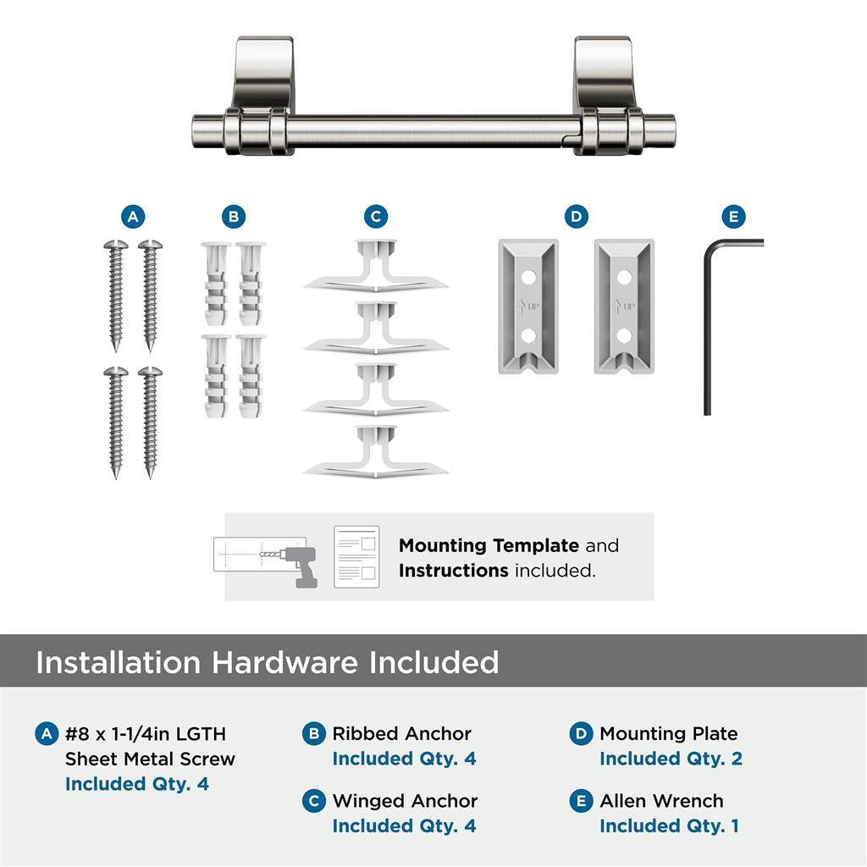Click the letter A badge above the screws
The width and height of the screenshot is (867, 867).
coord(131,217)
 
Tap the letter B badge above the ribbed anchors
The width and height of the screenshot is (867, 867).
coord(234,217)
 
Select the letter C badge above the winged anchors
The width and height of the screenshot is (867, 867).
coord(376,217)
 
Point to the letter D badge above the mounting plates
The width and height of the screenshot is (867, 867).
coord(576,217)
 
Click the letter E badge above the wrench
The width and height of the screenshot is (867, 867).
coord(733,217)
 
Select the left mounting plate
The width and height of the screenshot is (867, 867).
coord(527,306)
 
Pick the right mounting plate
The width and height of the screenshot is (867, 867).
coord(623,306)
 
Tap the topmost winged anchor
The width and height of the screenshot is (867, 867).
coord(376,268)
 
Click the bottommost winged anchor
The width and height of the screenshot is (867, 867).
coord(376,453)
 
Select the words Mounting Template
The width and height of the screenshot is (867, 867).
coord(489,546)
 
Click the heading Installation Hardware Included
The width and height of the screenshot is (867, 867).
coord(267,662)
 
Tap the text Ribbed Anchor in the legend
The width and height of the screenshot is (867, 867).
coord(401,734)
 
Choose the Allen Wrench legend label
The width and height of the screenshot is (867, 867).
coord(661,801)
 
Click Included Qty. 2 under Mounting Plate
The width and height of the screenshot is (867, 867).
coord(671,759)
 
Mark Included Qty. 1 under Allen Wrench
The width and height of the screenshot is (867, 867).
coord(669,826)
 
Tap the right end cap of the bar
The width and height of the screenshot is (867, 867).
coord(665,131)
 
